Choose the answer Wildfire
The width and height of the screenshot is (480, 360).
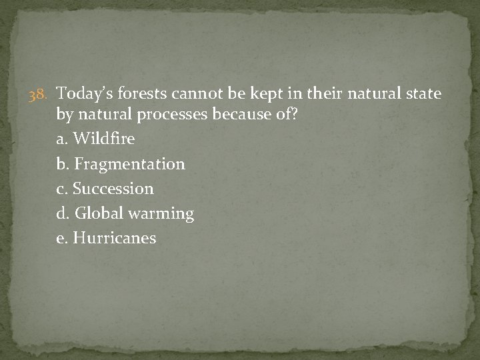point(104,139)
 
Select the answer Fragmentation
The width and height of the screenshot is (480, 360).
point(129,164)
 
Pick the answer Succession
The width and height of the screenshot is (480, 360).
point(113,189)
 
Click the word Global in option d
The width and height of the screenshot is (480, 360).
point(97,213)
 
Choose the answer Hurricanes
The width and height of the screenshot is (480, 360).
point(115,238)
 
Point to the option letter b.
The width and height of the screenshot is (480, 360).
point(62,164)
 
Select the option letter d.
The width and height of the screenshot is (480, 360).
point(62,213)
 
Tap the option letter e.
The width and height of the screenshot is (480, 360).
point(61,239)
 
